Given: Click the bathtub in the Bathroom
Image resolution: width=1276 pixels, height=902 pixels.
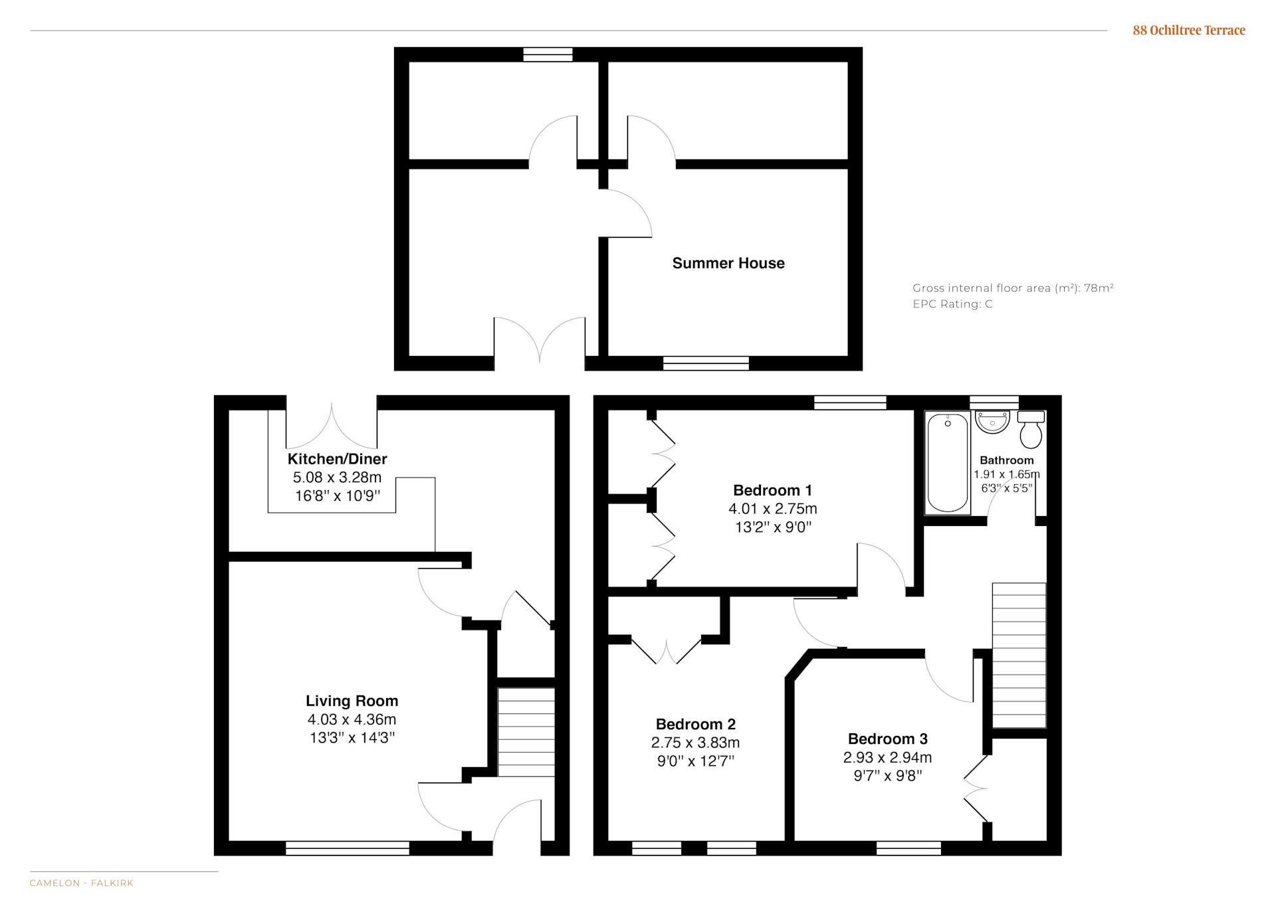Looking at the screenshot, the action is click(x=947, y=463).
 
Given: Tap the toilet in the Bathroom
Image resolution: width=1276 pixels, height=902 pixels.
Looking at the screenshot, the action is click(x=1031, y=429).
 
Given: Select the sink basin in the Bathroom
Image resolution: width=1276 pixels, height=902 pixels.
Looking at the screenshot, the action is click(x=992, y=422).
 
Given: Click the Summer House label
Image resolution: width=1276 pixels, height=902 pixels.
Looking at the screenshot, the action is click(x=728, y=263).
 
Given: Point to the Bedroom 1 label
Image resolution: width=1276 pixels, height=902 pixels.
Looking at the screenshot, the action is click(x=772, y=490).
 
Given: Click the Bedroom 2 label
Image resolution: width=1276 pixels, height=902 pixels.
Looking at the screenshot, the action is click(x=695, y=724).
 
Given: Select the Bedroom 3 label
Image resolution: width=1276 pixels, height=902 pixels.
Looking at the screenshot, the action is click(x=887, y=739).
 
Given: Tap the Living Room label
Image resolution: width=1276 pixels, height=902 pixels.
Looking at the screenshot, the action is click(x=352, y=701).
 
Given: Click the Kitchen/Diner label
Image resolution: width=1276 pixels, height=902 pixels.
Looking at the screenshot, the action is click(x=337, y=459).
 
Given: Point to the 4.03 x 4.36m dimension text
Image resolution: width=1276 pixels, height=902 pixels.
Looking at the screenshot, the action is click(x=352, y=719).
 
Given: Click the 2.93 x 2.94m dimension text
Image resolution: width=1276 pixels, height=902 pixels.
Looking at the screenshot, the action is click(x=887, y=757).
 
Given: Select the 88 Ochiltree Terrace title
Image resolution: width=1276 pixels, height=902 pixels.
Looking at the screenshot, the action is click(x=1189, y=30).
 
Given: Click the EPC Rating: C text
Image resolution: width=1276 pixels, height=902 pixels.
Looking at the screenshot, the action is click(x=952, y=304).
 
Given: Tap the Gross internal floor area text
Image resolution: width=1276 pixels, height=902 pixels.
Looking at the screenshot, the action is click(x=1013, y=288).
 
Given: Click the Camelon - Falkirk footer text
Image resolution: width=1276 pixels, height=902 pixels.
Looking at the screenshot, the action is click(x=82, y=883).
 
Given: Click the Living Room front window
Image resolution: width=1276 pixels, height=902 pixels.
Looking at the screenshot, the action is click(x=348, y=848).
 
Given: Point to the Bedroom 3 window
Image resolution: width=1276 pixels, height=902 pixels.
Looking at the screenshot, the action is click(x=908, y=848).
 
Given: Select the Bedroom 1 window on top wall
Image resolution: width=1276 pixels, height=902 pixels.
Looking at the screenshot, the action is click(x=850, y=403).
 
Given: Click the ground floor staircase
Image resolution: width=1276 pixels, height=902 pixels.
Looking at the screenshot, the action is click(x=526, y=732).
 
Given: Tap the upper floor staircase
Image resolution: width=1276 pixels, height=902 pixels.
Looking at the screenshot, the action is click(x=1019, y=656).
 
